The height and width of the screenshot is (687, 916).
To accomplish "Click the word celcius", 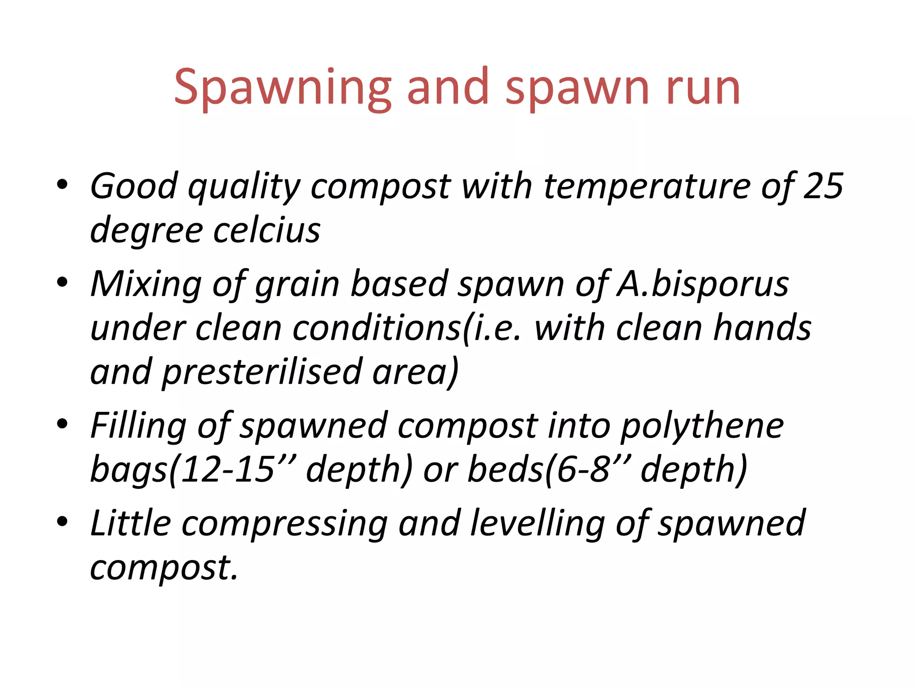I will point(267,230).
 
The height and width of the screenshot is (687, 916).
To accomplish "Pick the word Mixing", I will point(146,284).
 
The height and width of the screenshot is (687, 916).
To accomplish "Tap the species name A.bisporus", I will point(702,284).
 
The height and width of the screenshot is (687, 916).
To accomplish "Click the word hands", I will point(762,328).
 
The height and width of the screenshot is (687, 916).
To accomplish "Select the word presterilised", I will point(262,372).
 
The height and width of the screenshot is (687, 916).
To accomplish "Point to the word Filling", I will point(138,425).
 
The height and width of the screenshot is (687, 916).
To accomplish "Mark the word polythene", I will point(702,425).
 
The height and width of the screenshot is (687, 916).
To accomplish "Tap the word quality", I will point(244,186).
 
